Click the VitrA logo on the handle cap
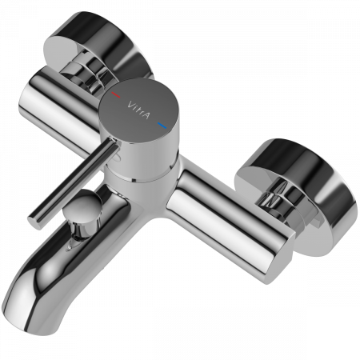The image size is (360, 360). coord(138,110)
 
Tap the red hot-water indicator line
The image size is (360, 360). coord(116,94)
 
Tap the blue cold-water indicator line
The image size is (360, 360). coord(162,126)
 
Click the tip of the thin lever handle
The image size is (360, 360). coord(34,222)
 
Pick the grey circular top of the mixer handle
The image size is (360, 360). coord(138,110)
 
